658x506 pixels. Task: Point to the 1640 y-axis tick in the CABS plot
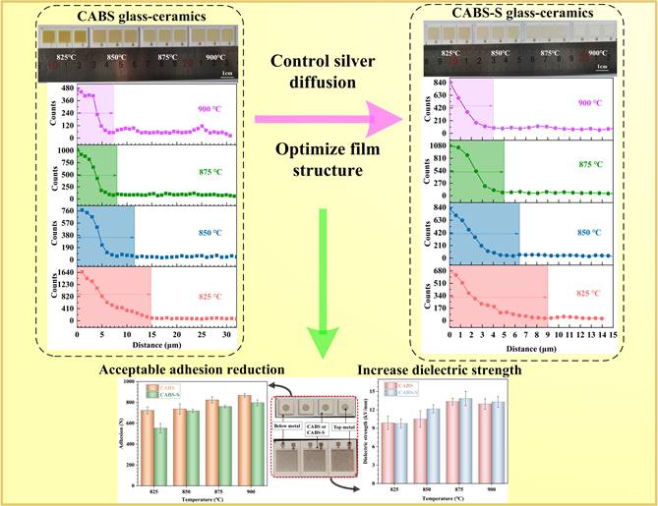[x=66, y=274]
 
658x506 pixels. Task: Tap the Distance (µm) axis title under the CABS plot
[x=152, y=346]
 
